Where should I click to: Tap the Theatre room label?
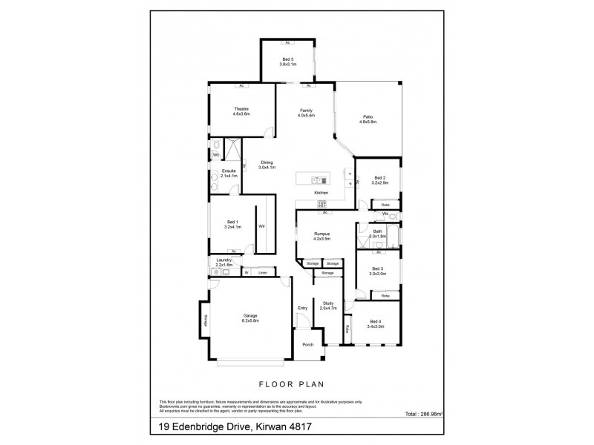(241, 111)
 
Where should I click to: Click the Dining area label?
(266, 162)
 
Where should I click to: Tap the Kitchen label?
(321, 193)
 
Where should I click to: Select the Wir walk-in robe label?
(262, 225)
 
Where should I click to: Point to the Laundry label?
(224, 260)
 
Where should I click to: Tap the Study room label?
(327, 305)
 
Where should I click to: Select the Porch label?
(307, 345)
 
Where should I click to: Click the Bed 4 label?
(375, 321)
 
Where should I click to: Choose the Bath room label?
(377, 231)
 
